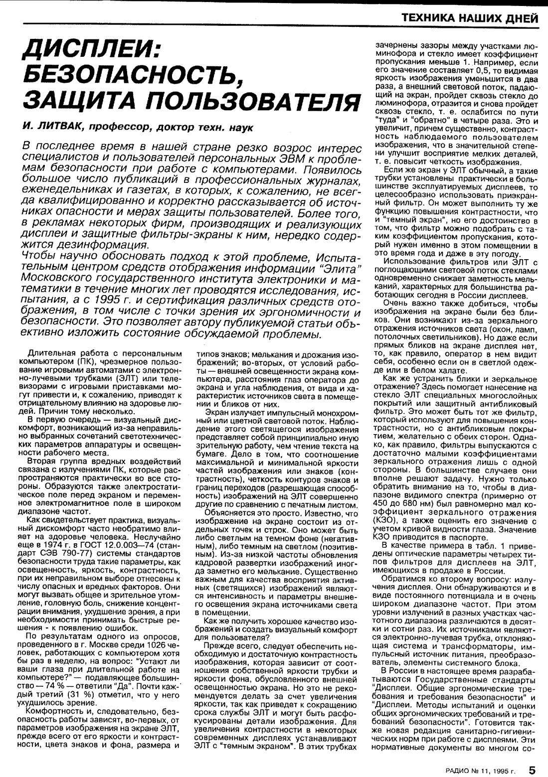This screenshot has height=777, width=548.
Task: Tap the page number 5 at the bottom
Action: point(533,770)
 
